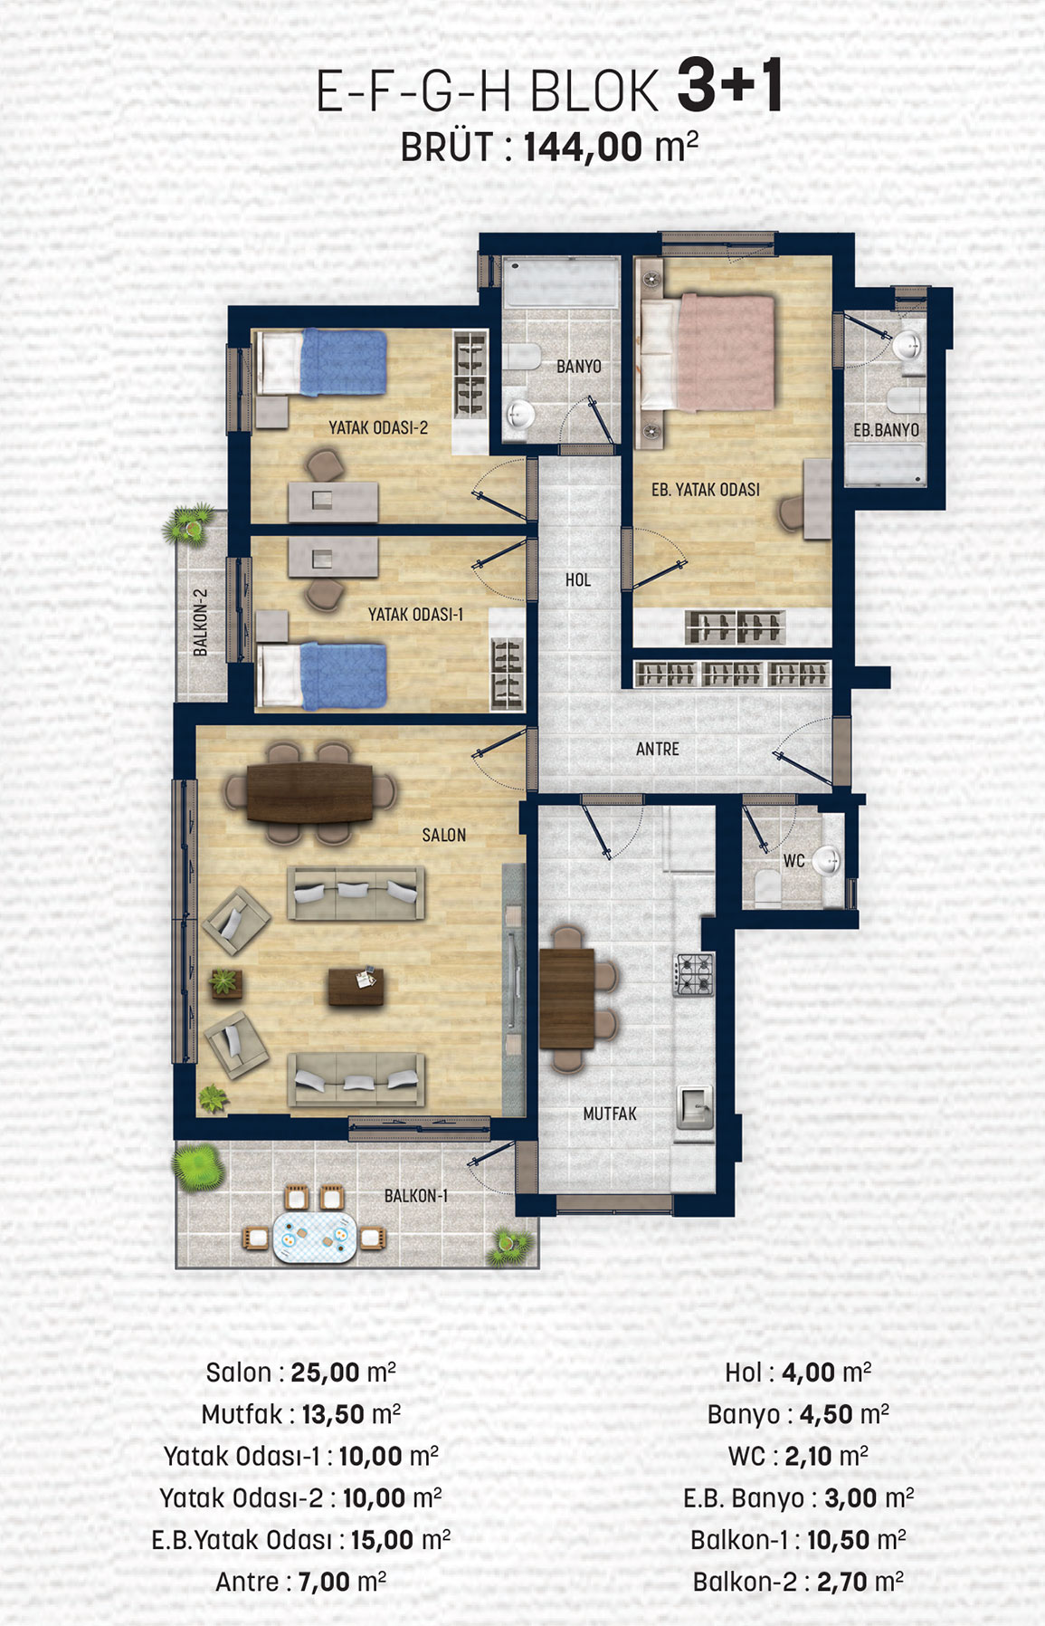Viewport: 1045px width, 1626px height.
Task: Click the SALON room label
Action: point(444,835)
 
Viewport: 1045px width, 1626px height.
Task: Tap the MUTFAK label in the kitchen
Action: point(610,1114)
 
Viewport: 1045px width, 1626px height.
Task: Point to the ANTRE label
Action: point(658,749)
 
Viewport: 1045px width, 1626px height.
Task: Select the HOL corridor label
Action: point(578,579)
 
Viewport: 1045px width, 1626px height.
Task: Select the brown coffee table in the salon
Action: point(356,987)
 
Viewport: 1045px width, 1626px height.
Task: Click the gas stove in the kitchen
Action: point(694,974)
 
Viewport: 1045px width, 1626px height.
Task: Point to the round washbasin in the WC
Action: point(825,860)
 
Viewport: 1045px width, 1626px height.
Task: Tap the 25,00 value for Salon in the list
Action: point(326,1373)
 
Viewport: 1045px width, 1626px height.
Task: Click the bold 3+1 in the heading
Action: point(729,87)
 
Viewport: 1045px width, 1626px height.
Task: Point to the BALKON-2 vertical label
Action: point(201,623)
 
